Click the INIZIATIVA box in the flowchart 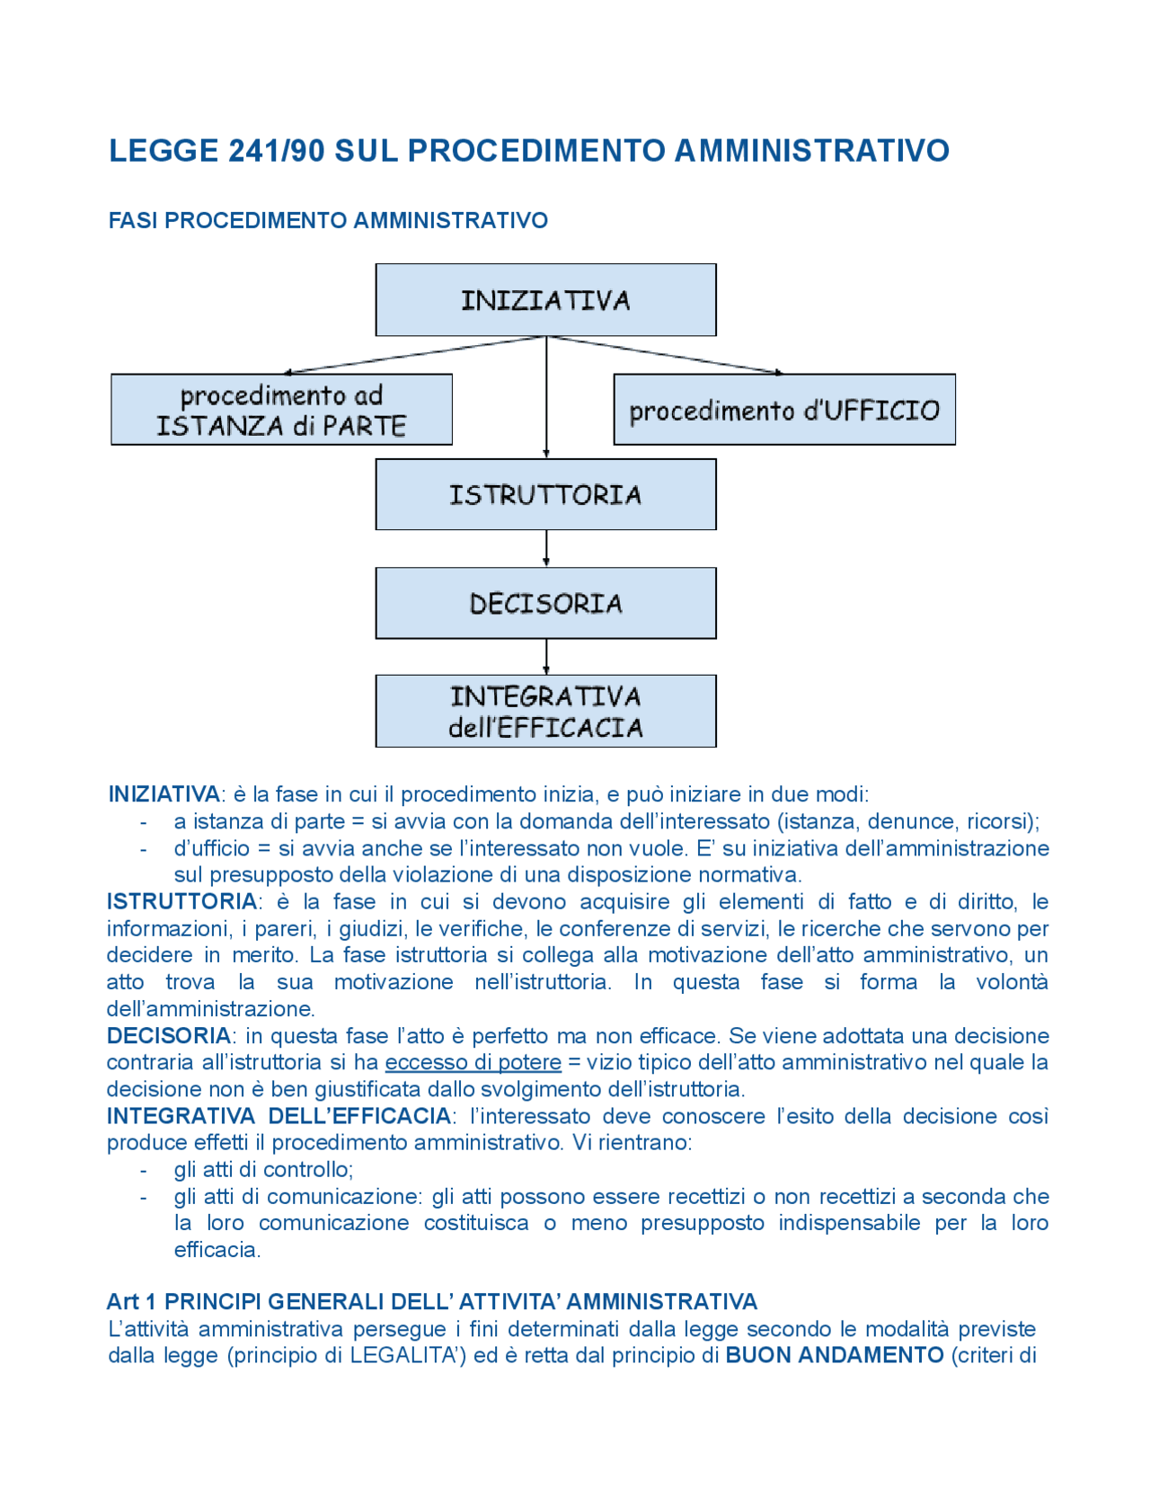(x=545, y=300)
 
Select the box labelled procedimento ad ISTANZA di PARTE (x=281, y=410)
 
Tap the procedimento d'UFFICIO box (x=783, y=410)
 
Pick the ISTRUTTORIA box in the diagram (x=545, y=494)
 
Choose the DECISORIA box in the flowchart (x=545, y=603)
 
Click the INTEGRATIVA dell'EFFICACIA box (x=545, y=711)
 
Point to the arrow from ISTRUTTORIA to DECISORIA (x=546, y=548)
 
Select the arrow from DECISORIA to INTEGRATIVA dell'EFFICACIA (x=546, y=657)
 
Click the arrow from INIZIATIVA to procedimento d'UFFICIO (x=665, y=355)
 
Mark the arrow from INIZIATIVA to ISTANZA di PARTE (x=413, y=355)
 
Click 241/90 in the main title (x=276, y=151)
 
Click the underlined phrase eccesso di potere (x=473, y=1063)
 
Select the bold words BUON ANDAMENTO (x=834, y=1356)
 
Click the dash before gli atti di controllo (x=143, y=1171)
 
